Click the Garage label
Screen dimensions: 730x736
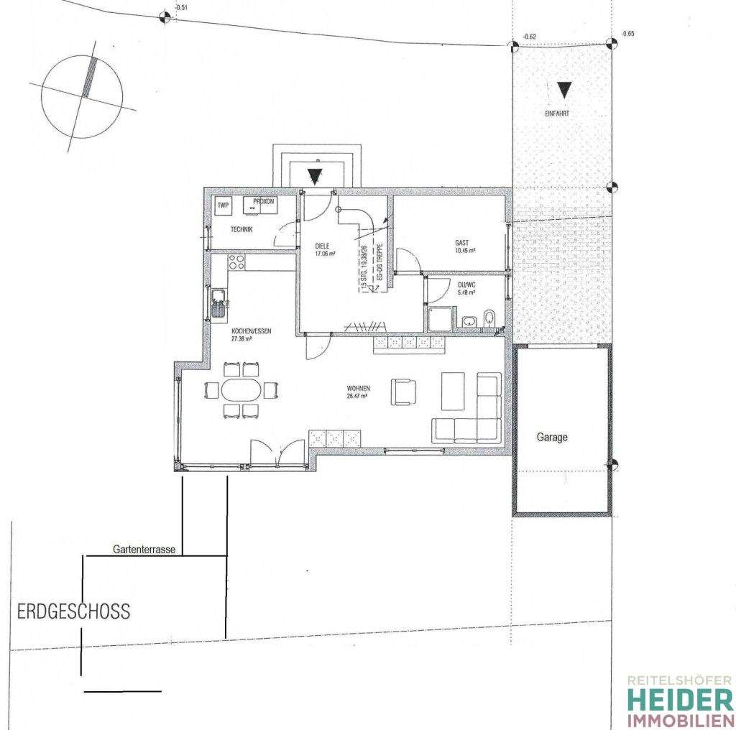(552, 437)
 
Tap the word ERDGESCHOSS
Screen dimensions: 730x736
(74, 611)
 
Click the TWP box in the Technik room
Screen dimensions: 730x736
(224, 205)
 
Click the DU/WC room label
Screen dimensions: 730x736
(468, 288)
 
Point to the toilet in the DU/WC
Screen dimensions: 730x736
(489, 318)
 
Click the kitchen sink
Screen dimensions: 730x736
(218, 302)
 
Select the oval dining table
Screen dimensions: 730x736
(241, 391)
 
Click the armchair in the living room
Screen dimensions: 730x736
(403, 392)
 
